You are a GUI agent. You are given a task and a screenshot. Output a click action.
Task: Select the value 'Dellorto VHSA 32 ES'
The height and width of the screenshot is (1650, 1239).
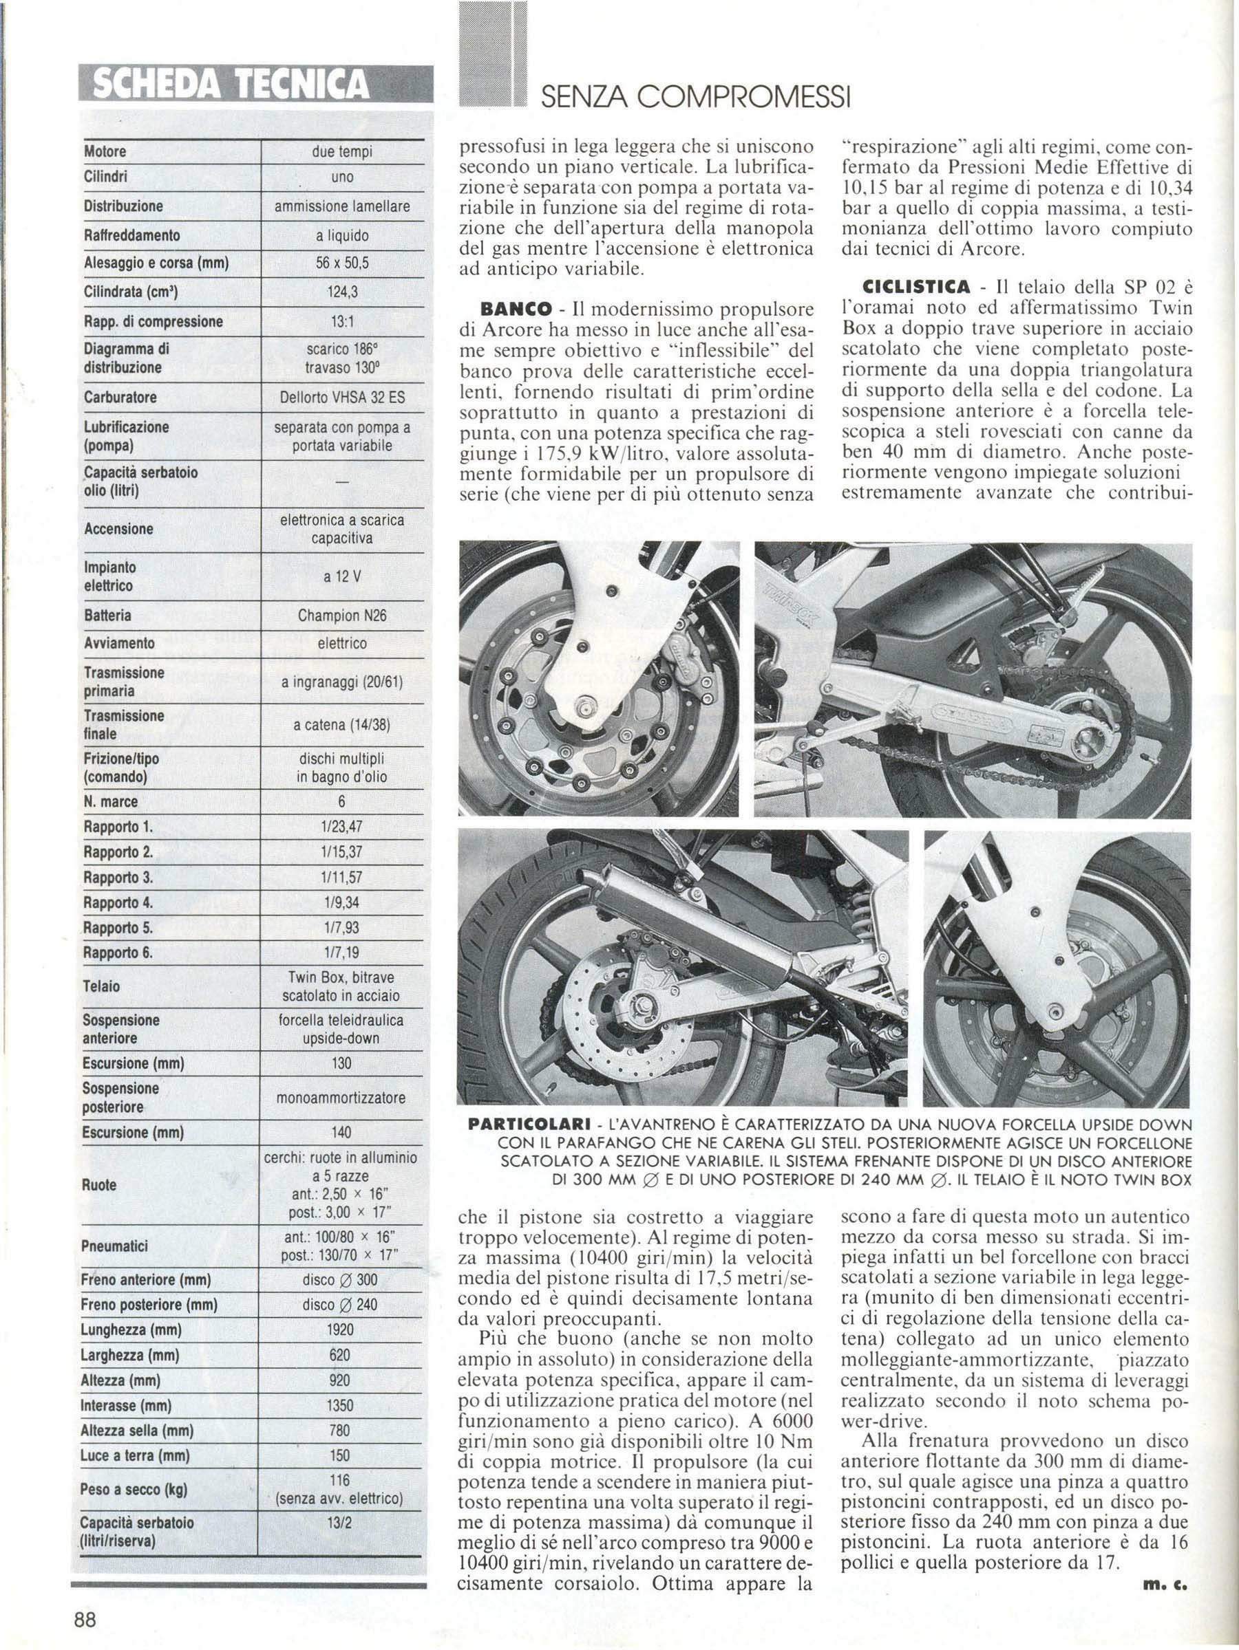pos(342,398)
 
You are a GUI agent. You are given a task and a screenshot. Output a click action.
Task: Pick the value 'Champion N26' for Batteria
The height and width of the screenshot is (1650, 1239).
pos(341,616)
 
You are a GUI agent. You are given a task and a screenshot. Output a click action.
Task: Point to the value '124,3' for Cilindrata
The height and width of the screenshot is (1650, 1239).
pos(343,293)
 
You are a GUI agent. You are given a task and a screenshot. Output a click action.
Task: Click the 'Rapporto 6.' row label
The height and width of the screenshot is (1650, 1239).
pos(118,953)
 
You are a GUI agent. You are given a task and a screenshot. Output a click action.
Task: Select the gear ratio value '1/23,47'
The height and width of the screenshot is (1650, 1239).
pos(343,827)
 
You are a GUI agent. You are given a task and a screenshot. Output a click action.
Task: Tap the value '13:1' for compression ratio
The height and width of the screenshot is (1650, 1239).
pos(343,323)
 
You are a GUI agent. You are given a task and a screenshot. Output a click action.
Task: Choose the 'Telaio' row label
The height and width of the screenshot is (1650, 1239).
pos(101,986)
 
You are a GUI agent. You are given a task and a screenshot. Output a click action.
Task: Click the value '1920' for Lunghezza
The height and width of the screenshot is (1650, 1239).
pos(341,1330)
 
